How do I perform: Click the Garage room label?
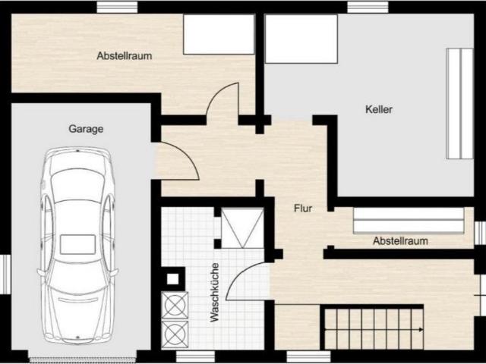86,129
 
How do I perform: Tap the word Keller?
379,109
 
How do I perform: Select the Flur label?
303,209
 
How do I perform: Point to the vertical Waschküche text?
214,292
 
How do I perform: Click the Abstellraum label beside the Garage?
125,55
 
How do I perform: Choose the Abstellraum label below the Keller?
400,241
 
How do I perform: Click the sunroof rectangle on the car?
77,244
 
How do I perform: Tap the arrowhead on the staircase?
421,330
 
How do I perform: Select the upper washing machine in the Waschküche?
175,305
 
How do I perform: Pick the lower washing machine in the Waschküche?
175,334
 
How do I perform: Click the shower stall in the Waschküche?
242,228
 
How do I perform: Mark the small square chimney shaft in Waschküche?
173,279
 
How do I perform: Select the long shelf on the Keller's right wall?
460,104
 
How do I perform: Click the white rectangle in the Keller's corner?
301,39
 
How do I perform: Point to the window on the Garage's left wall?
5,275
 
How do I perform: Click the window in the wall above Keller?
368,7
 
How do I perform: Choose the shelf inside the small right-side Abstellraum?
409,221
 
